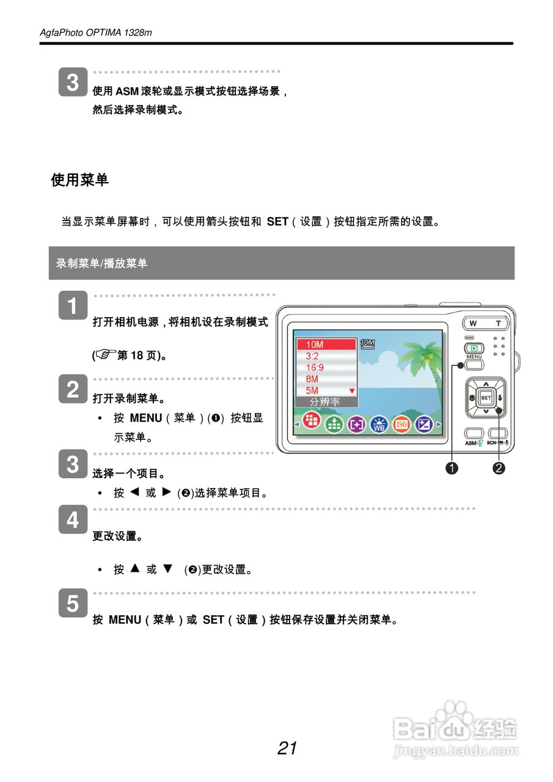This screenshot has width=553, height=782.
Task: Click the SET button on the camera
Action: [486, 398]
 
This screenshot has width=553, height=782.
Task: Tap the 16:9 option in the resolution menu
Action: [315, 367]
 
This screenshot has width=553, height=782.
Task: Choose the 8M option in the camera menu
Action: [312, 379]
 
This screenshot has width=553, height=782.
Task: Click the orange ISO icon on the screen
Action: [401, 425]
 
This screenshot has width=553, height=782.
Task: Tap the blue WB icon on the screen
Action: [379, 425]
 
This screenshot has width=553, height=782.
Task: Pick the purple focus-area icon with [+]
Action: [356, 425]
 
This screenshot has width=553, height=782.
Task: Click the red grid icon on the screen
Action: [312, 421]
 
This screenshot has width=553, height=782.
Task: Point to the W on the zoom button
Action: [473, 324]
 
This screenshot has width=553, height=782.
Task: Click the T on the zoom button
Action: [498, 324]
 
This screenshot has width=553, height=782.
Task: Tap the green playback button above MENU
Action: [474, 348]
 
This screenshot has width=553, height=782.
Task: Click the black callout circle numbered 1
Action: [452, 469]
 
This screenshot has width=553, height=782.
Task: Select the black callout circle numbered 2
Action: [499, 469]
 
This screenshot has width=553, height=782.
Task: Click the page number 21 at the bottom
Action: [287, 748]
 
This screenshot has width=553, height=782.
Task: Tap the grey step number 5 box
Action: [73, 604]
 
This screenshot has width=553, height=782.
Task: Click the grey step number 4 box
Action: [73, 521]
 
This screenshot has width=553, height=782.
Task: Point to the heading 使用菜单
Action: [79, 180]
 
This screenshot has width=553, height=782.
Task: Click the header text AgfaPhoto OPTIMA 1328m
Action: [96, 33]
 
